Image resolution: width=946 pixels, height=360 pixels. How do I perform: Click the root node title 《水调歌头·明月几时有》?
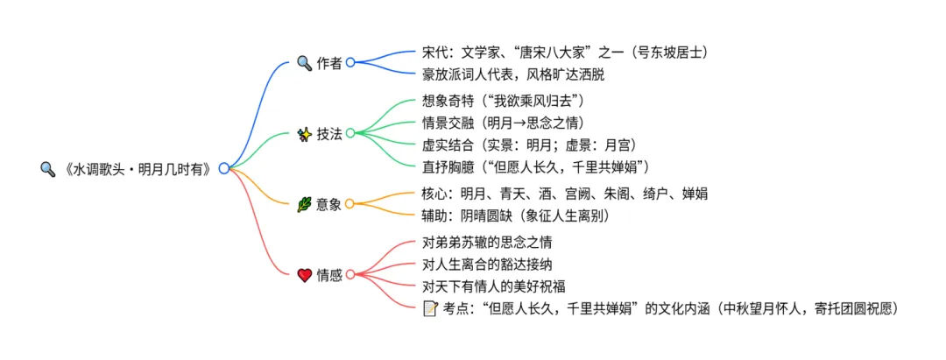pos(138,168)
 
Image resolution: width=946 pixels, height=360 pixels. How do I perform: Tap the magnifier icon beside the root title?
pos(47,168)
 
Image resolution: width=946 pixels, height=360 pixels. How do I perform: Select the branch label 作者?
pos(329,63)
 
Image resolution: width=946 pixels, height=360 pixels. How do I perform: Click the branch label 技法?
pos(329,134)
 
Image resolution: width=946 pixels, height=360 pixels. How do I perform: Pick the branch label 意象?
pos(329,204)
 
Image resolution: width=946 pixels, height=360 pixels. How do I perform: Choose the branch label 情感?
pos(329,275)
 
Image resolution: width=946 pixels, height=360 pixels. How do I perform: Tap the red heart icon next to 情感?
pos(305,275)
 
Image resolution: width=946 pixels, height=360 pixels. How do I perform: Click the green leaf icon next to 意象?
pos(305,204)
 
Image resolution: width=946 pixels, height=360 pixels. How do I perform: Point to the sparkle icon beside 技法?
pos(305,134)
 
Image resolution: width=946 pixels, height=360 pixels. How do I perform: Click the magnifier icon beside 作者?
pos(305,63)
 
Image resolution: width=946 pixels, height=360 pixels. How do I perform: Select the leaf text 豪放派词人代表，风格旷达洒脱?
pos(512,74)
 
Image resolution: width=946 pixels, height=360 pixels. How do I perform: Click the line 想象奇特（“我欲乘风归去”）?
pos(503,101)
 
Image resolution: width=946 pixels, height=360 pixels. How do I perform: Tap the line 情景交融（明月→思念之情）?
pos(503,123)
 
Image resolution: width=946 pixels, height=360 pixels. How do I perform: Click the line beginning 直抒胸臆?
pos(535,166)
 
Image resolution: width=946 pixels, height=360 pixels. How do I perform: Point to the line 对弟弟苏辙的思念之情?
pos(487,242)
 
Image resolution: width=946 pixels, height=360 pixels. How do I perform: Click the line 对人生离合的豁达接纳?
pos(487,264)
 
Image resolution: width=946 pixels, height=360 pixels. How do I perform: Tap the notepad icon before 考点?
pos(430,307)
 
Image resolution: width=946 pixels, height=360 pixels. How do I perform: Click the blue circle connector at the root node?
pos(224,168)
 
